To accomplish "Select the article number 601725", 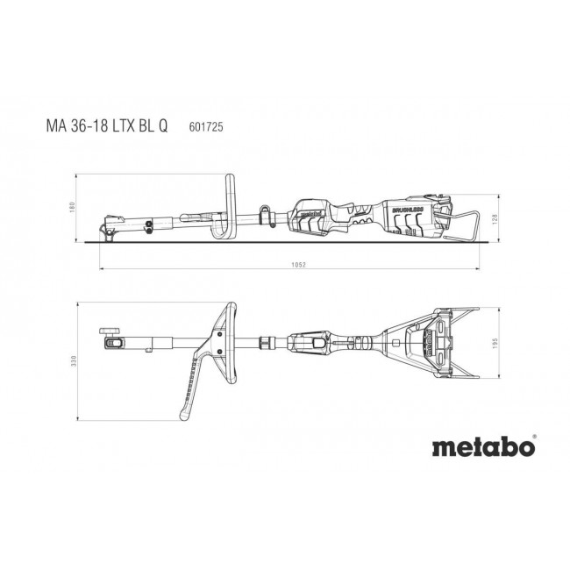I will tap(205, 125).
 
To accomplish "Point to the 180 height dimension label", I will tap(76, 206).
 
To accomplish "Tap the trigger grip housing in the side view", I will tap(314, 215).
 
